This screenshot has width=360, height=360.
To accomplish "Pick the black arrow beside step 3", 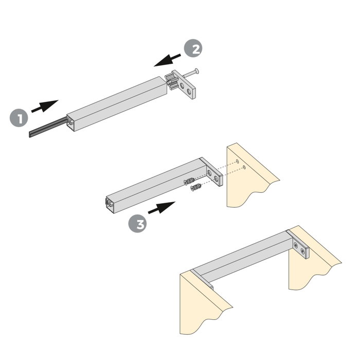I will pyautogui.click(x=161, y=208).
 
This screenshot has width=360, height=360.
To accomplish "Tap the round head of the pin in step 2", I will pyautogui.click(x=197, y=71).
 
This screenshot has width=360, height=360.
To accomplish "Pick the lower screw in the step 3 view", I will pyautogui.click(x=196, y=189).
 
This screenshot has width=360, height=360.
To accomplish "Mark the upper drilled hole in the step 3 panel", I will pyautogui.click(x=238, y=162).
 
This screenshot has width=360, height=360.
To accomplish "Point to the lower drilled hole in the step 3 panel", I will pyautogui.click(x=244, y=168).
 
